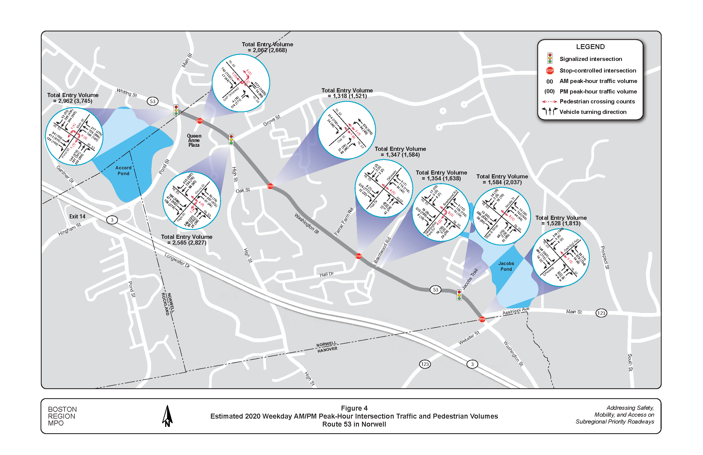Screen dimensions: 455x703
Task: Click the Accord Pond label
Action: pos(123,170)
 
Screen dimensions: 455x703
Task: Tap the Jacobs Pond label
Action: pos(506,266)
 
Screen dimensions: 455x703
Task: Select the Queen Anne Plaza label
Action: pos(194,140)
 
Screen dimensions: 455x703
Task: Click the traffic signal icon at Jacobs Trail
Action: pos(459,295)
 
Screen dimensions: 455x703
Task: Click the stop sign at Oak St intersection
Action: pos(270,186)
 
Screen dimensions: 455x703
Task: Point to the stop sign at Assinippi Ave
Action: pos(482,319)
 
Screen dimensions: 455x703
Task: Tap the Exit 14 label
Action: pos(77,216)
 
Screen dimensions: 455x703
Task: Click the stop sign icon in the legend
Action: pos(550,71)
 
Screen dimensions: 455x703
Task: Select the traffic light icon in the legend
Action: pos(550,58)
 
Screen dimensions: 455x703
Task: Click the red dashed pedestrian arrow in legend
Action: pos(549,102)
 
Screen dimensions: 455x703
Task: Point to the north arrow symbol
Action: pos(167,416)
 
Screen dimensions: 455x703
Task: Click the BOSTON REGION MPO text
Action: pos(62,416)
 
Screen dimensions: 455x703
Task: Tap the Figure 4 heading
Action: pos(354,408)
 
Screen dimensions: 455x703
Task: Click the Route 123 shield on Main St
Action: pos(601,313)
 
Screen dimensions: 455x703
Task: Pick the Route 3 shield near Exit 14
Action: pos(112,220)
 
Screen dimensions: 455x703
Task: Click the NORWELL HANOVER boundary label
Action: pos(327,347)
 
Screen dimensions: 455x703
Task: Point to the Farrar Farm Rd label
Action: pos(344,222)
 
